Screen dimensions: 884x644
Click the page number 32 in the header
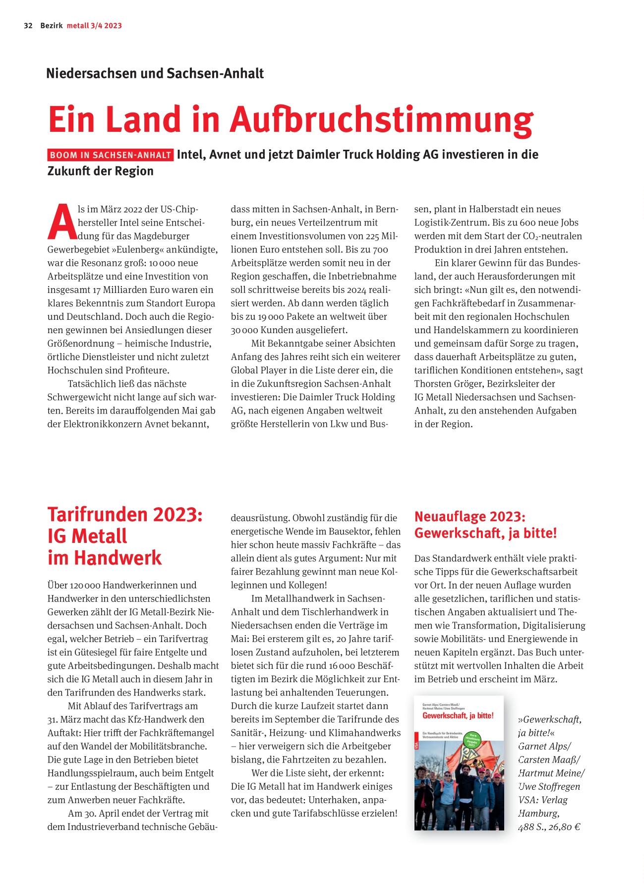tap(28, 26)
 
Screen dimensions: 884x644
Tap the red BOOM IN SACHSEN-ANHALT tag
tap(111, 155)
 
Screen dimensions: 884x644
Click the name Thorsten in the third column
tap(434, 384)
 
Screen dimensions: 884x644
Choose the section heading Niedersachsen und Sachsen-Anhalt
tap(155, 73)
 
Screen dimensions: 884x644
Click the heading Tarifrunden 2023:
tap(125, 514)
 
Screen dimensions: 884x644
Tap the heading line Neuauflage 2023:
tap(469, 517)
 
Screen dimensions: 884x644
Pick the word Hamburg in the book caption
tap(538, 813)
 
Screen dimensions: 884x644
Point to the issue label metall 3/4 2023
tap(94, 26)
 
